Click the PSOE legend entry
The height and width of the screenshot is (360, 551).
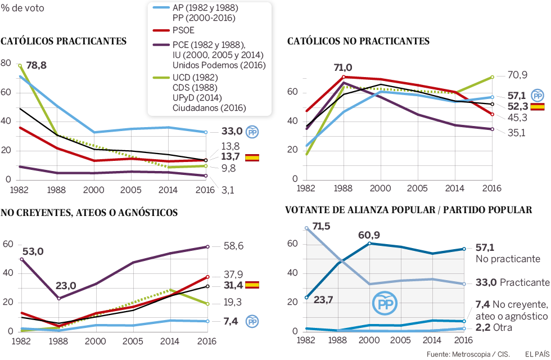[184, 31]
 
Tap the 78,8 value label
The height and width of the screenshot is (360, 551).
[36, 65]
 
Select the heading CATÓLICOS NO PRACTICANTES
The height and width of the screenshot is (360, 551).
[358, 41]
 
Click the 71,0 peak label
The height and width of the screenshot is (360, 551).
[343, 67]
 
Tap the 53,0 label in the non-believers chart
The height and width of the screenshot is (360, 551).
[31, 251]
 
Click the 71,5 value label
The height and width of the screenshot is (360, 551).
[321, 227]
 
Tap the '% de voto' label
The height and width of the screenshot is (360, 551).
[22, 8]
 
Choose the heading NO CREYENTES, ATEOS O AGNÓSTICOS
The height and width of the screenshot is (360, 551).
[89, 213]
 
